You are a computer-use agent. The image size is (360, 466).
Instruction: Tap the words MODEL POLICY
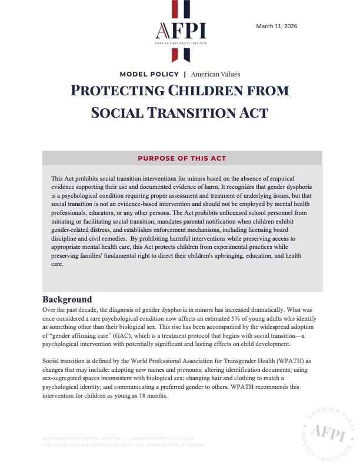click(x=148, y=75)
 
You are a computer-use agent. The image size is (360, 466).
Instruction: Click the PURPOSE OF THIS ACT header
click(x=182, y=158)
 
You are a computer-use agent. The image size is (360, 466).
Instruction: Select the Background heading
click(x=67, y=299)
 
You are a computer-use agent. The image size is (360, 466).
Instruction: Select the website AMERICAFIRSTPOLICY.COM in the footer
click(x=162, y=438)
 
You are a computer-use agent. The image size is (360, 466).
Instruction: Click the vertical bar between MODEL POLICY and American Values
click(x=185, y=75)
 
